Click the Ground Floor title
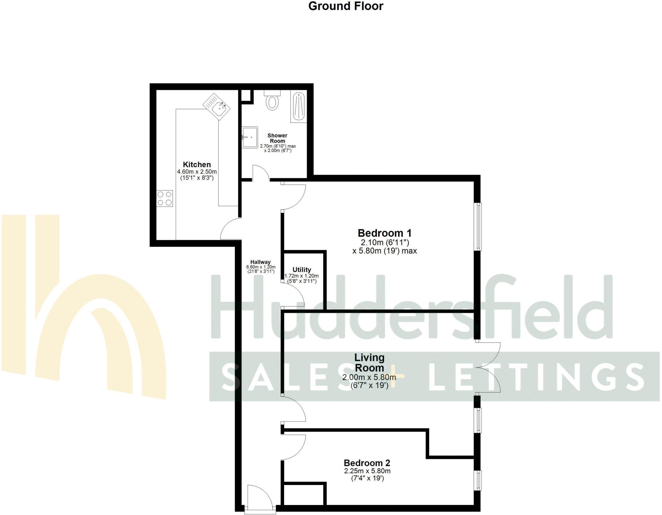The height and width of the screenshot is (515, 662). coord(346,6)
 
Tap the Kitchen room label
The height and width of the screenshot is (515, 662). coord(197,164)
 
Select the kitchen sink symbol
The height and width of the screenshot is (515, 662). coord(217,107)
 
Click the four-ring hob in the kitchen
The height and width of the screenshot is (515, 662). coord(165,198)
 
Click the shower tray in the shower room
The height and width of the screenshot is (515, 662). coord(299,107)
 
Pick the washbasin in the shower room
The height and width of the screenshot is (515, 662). coord(250,137)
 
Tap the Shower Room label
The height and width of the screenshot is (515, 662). coord(277,138)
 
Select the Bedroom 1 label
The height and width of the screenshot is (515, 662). coord(384,233)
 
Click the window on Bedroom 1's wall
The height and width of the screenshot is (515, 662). coord(478,226)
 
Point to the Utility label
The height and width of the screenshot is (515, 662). coord(302,270)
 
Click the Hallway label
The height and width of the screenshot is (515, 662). coord(260,262)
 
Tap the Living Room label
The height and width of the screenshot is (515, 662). coord(369,362)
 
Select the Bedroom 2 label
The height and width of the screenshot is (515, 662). coord(367,463)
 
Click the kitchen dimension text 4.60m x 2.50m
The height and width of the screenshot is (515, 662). coord(197,172)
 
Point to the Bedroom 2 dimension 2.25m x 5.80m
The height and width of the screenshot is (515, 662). coord(367,471)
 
